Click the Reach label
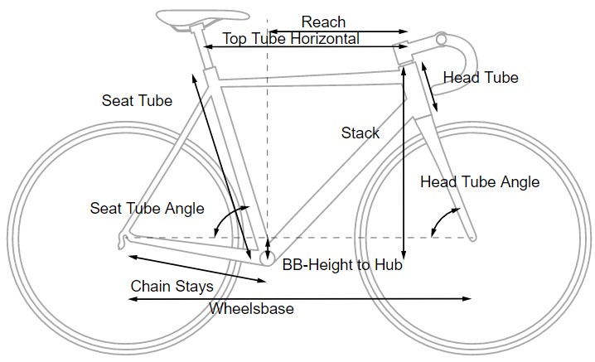323,22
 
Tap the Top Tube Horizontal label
291,39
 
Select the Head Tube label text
481,78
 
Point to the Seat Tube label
137,101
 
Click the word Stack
360,133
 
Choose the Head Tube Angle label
480,182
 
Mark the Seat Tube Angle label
147,208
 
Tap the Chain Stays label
172,287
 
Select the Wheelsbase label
251,309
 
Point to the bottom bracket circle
268,258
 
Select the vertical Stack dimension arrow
403,166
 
